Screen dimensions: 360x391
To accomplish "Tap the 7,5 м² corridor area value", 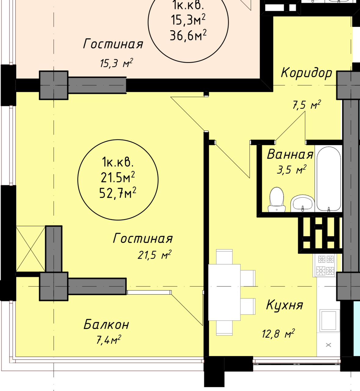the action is tap(307, 104).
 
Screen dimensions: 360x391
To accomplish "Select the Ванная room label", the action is tap(290, 154).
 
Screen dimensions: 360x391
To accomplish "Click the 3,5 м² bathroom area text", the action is tap(292, 170).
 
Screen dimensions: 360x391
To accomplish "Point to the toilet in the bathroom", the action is tap(277, 199).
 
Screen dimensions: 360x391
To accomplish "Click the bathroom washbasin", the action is tap(302, 203).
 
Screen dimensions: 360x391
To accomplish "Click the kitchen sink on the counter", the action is tap(329, 321).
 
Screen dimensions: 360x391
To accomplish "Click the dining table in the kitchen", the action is tap(224, 293).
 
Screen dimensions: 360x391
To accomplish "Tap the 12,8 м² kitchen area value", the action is tap(278, 334).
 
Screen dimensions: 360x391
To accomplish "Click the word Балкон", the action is tap(106, 325).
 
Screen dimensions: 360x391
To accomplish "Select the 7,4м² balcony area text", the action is tap(109, 340).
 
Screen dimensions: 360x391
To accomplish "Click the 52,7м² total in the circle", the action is tap(118, 193).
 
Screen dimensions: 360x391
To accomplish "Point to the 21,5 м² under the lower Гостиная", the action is tap(154, 255).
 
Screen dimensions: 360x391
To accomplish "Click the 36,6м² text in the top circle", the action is tap(188, 35).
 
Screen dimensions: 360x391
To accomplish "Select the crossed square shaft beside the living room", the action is tap(31, 249).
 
